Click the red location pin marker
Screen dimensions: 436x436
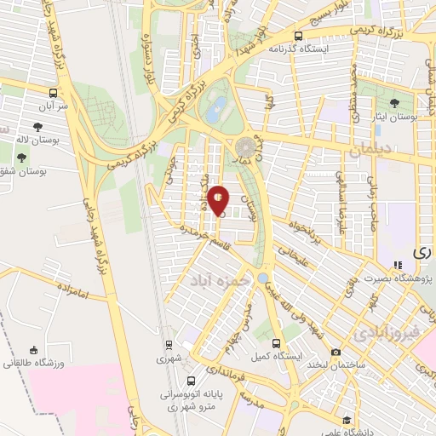point(219,200)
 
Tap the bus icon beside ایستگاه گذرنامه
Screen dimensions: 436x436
point(298,37)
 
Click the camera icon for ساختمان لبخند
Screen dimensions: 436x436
point(336,353)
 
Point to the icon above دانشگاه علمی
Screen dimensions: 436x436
point(347,420)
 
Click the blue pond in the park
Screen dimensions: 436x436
point(219,107)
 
